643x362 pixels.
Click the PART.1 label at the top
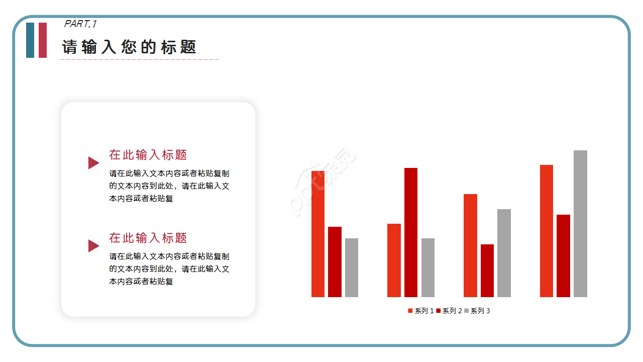pos(80,24)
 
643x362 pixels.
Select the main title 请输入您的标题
pos(129,47)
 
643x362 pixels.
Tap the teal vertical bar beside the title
pos(30,40)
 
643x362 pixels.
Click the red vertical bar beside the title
pos(43,40)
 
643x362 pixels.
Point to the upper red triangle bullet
pos(93,162)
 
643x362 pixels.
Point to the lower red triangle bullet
pos(93,246)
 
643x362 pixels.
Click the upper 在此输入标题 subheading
pos(148,155)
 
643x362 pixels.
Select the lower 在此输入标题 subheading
pos(148,238)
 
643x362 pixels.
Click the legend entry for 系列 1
pos(421,311)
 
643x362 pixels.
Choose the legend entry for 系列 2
pos(449,311)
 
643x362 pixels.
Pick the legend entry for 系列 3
pos(477,311)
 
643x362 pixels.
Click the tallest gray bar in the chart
pos(580,224)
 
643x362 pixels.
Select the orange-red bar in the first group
pos(318,234)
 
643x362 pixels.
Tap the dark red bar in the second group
pos(411,232)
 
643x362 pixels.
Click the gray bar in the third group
pos(504,253)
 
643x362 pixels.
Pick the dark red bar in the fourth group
pos(563,256)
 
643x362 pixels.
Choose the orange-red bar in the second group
pos(394,260)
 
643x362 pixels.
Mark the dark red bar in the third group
pos(487,270)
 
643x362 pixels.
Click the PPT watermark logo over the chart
pos(324,181)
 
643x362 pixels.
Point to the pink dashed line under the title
pos(140,59)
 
